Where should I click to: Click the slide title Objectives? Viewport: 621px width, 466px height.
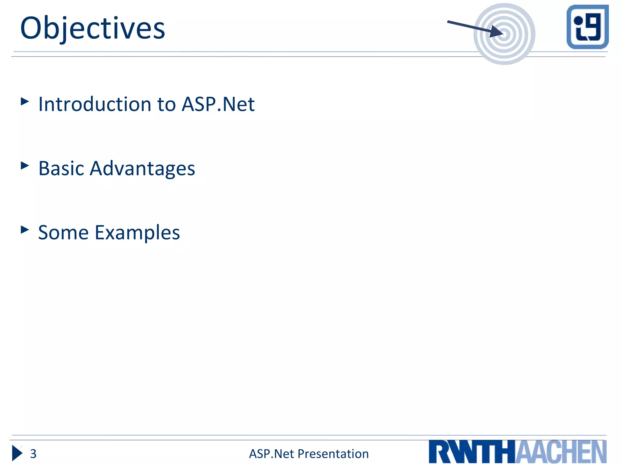click(92, 29)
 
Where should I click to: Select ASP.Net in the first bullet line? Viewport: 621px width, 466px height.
click(218, 104)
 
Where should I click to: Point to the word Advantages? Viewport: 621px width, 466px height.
click(142, 169)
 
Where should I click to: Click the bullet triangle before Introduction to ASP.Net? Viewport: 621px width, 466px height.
click(25, 101)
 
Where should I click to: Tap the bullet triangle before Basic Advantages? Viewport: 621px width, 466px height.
click(25, 165)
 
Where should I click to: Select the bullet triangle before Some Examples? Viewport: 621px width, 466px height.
click(25, 230)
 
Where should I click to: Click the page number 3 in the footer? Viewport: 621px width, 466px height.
click(33, 454)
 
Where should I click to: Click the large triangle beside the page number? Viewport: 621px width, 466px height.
click(17, 453)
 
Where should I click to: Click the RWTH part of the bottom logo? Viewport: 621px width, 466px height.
click(472, 452)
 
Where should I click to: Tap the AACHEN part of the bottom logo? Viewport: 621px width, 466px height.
click(561, 452)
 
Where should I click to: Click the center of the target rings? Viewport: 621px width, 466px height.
click(504, 34)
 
